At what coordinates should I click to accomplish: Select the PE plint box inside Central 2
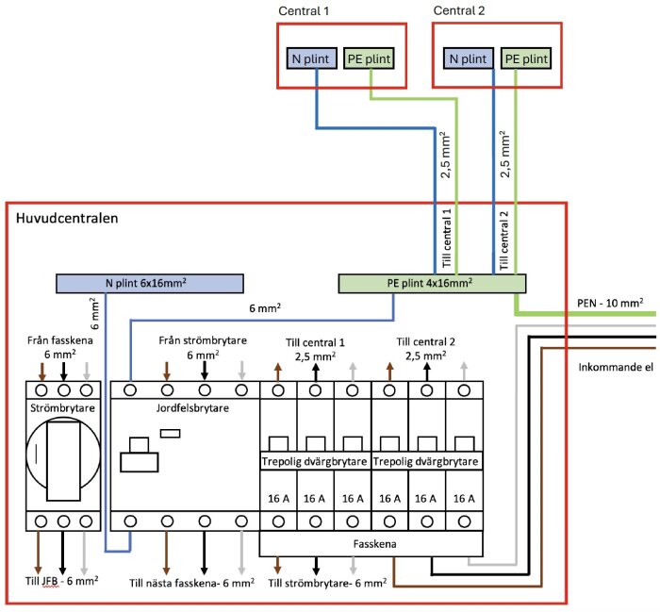524,58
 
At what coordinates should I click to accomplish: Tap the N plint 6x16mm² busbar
149,282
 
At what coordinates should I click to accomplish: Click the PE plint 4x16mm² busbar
432,282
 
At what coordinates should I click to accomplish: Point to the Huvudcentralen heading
65,219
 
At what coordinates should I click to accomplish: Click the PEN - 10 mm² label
609,304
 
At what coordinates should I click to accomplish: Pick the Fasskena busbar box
371,543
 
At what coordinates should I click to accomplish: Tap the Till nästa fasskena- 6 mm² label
191,583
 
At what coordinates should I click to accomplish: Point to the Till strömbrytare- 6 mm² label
327,583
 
